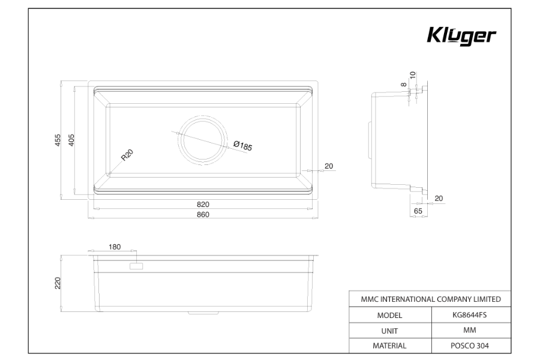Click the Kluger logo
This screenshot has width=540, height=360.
tap(461, 36)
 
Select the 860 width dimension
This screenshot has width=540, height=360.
tap(203, 215)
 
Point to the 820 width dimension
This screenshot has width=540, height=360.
tap(203, 204)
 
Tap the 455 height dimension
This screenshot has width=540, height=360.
tap(58, 140)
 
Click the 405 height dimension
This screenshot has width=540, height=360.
tap(71, 140)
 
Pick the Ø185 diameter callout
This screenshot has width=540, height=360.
tap(243, 146)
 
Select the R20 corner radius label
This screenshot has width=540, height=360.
tap(127, 155)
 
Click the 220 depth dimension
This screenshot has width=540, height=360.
tap(58, 283)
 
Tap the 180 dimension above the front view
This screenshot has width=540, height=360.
tap(115, 247)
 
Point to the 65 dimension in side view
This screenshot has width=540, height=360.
tap(418, 211)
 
